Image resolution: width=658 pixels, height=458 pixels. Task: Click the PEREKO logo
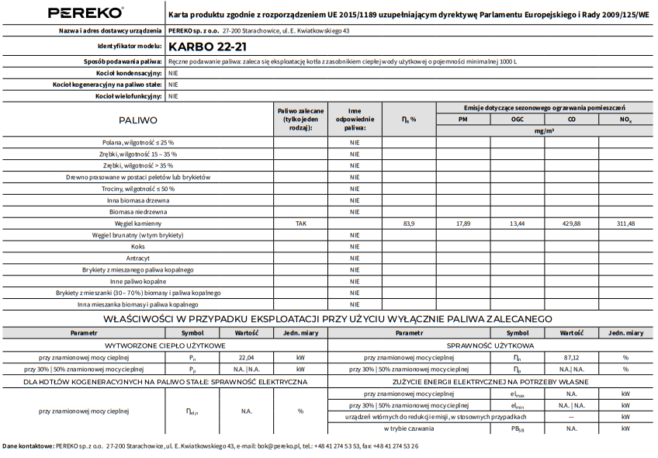[85, 12]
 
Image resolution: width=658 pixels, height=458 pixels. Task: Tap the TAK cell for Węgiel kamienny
[300, 224]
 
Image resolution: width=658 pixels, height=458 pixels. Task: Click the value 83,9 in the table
[409, 224]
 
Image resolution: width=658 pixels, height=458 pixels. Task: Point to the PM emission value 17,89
[462, 224]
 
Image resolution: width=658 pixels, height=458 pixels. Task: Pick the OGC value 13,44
[517, 224]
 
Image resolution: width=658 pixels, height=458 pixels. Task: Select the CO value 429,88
[571, 224]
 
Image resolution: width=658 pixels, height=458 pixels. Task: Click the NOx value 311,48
[625, 224]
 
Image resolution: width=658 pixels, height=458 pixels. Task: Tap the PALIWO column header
[137, 120]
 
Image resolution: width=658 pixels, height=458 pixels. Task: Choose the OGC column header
[517, 120]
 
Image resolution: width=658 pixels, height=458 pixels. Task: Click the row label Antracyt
[137, 258]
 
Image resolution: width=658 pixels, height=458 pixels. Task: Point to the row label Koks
[137, 246]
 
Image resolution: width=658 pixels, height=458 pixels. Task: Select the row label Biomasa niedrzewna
[137, 212]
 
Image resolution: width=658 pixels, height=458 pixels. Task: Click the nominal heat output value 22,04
[246, 357]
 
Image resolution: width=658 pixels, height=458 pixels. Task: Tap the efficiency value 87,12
[571, 357]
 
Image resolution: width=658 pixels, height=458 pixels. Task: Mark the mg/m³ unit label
[544, 131]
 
